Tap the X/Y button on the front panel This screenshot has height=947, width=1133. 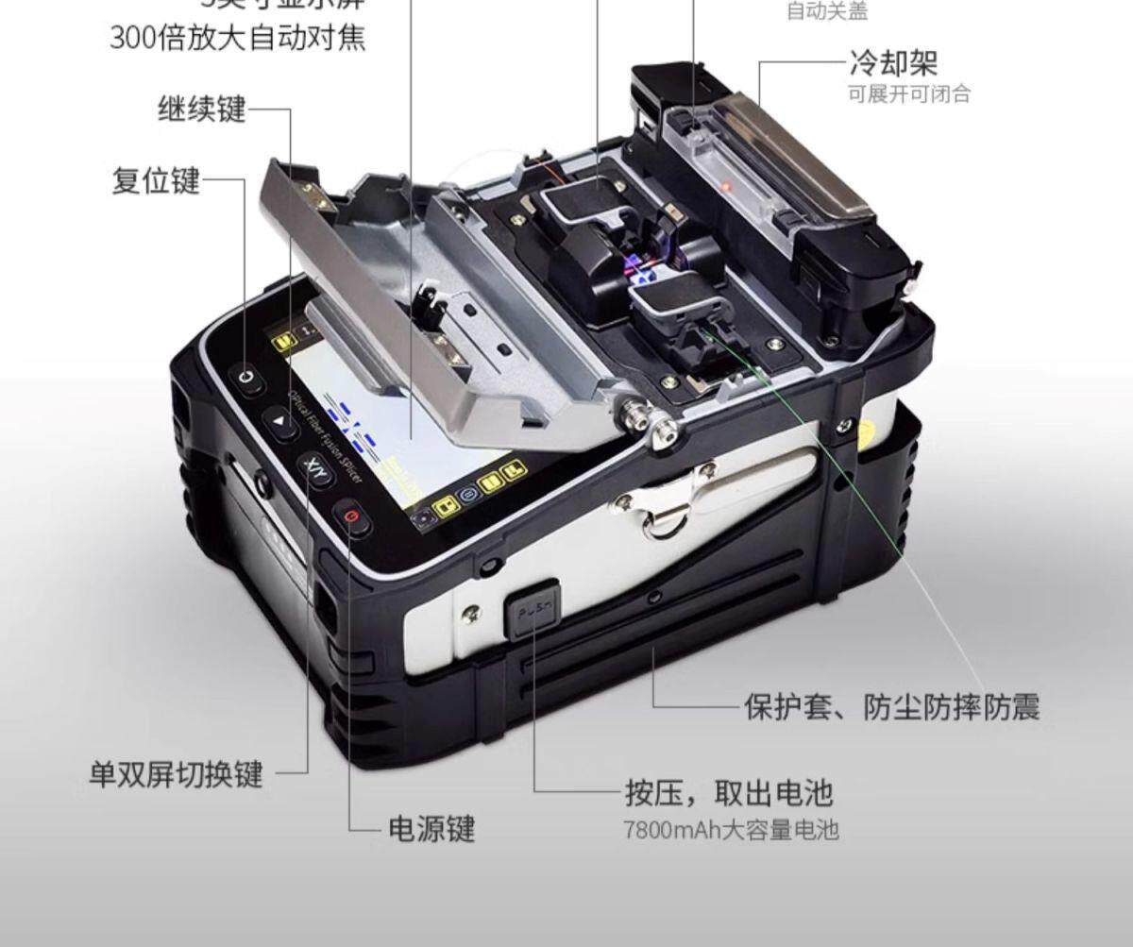pyautogui.click(x=315, y=468)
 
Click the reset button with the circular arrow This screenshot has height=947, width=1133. pyautogui.click(x=247, y=377)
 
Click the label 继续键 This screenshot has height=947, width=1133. pyautogui.click(x=201, y=110)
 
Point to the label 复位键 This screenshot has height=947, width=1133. pyautogui.click(x=156, y=179)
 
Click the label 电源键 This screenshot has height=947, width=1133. pyautogui.click(x=431, y=829)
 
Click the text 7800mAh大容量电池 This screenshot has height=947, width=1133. pyautogui.click(x=730, y=831)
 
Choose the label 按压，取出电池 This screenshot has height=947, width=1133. pyautogui.click(x=728, y=793)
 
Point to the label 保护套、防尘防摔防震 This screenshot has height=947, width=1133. pyautogui.click(x=891, y=706)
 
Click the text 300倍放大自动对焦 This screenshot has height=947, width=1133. pyautogui.click(x=237, y=39)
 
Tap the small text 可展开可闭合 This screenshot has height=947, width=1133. pyautogui.click(x=908, y=94)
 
